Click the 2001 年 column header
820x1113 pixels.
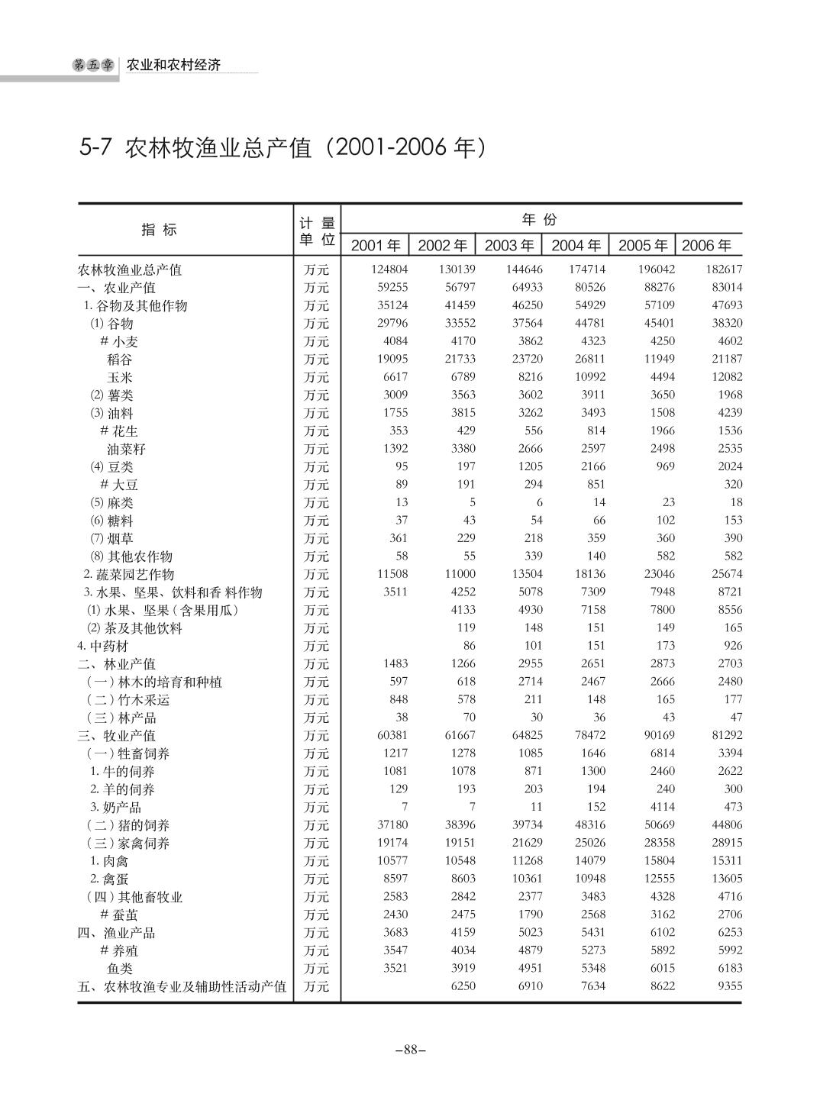[375, 245]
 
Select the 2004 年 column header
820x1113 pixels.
[576, 245]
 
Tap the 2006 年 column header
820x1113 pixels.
[706, 245]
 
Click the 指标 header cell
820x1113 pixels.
[159, 230]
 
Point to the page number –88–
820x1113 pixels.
[410, 1050]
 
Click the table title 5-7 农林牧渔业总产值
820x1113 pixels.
[282, 147]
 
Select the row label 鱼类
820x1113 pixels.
[120, 969]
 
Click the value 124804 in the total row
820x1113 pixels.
[389, 269]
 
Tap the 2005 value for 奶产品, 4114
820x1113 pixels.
[661, 807]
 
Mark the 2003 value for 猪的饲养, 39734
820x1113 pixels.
[525, 825]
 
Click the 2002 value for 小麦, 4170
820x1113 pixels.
[460, 341]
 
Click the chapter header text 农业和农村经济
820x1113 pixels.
[173, 65]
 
